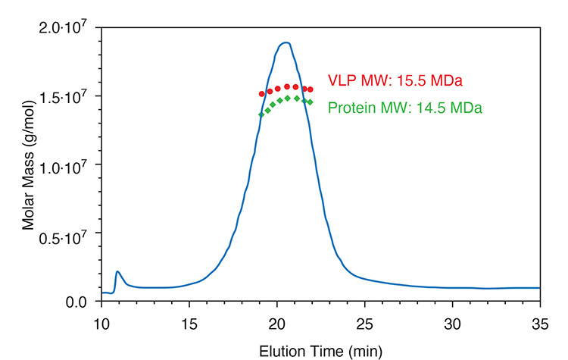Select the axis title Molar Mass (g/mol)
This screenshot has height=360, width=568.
28,164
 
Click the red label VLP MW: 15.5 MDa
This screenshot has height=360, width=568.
395,80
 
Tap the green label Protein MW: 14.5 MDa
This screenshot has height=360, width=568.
405,108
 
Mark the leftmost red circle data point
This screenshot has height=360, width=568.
261,94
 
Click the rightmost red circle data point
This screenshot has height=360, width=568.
311,89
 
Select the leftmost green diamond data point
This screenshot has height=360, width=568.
261,114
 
